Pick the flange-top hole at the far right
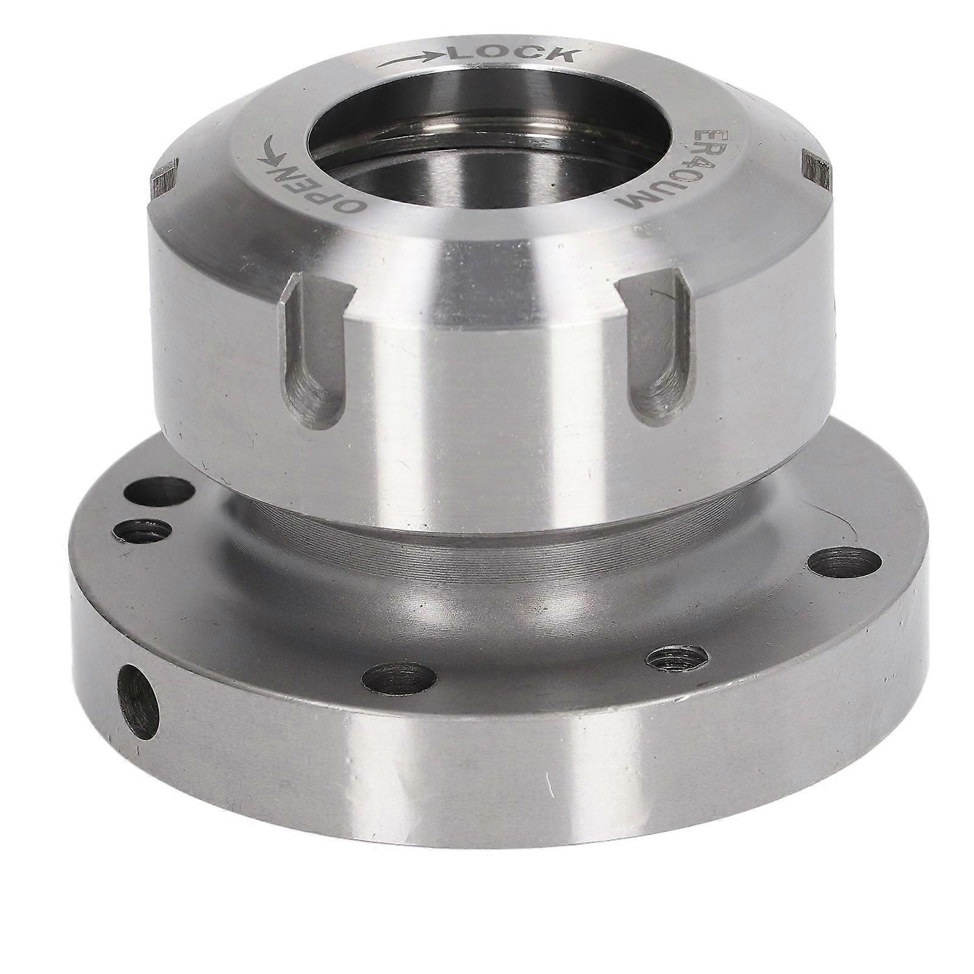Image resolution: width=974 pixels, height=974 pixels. coord(845,560)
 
